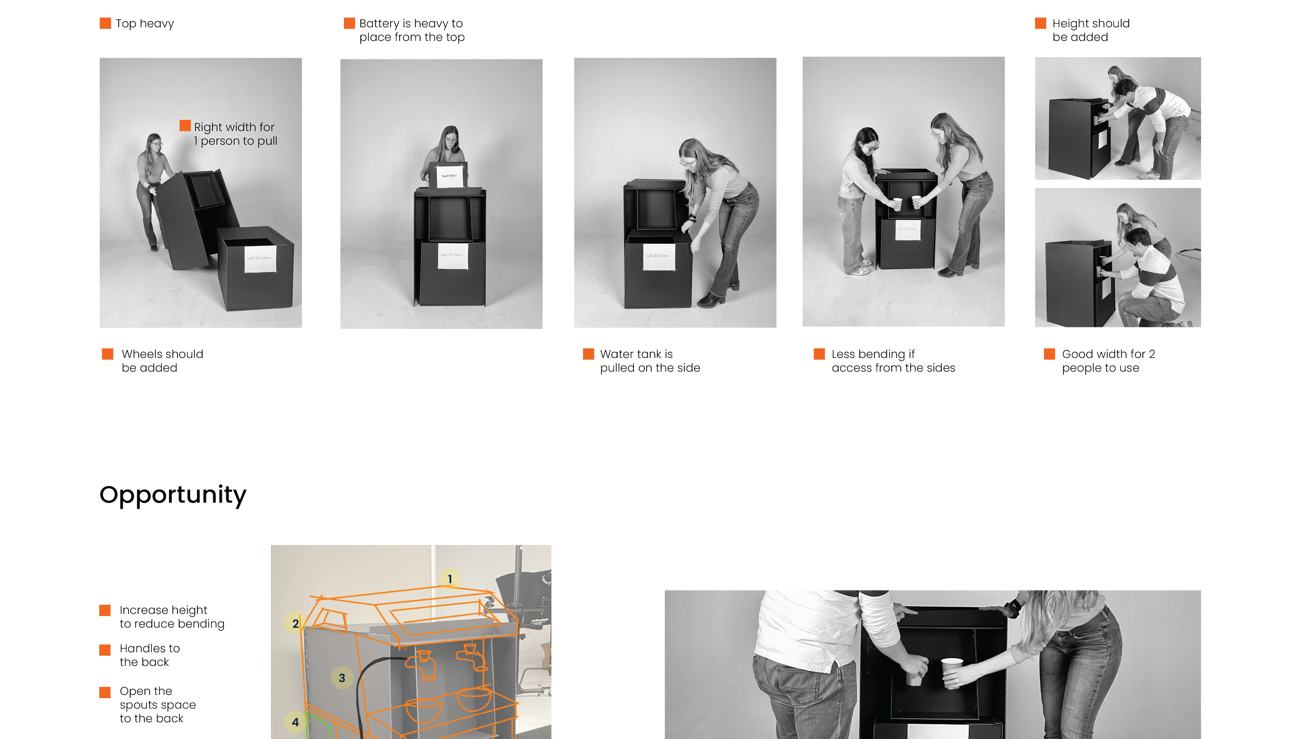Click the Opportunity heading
click(x=172, y=495)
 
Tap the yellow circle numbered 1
click(x=450, y=579)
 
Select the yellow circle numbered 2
click(x=295, y=623)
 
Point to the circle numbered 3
click(x=342, y=678)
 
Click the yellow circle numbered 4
click(x=295, y=722)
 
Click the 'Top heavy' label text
click(x=144, y=24)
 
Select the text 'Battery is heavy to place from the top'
click(x=411, y=30)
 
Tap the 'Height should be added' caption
click(x=1090, y=30)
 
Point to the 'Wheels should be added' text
click(x=162, y=361)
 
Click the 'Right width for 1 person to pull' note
click(x=235, y=134)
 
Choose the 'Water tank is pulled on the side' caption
click(x=650, y=361)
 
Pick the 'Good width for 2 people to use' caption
click(x=1107, y=361)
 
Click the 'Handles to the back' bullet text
click(x=149, y=655)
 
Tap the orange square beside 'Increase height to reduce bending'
click(x=105, y=610)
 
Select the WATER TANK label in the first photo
click(x=259, y=259)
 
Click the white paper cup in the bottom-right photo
click(x=951, y=672)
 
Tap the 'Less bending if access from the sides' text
click(x=893, y=361)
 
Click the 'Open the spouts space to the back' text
click(x=157, y=705)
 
